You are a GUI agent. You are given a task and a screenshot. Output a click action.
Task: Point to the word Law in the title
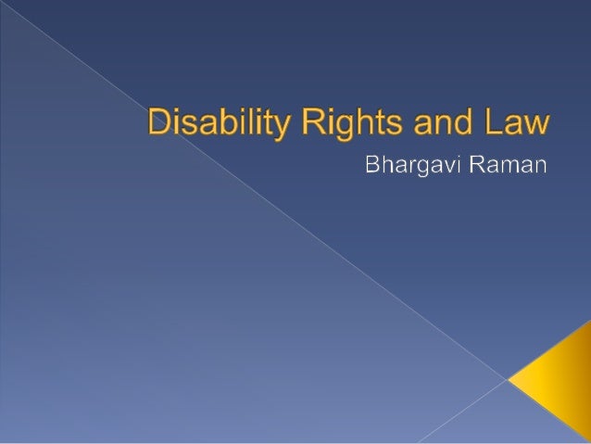520,124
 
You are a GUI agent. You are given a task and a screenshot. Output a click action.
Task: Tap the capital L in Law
494,122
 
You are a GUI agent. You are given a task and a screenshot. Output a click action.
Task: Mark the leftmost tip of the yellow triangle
509,378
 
